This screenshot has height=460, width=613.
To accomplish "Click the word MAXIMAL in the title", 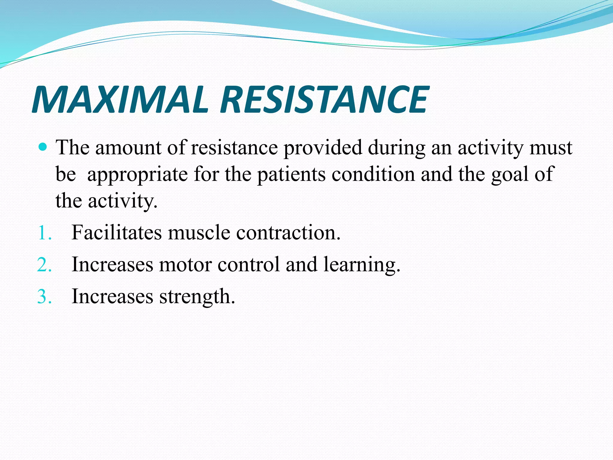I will [x=120, y=100].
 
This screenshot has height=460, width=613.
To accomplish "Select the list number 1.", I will [x=44, y=233].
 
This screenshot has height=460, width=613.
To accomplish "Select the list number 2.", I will [x=44, y=265].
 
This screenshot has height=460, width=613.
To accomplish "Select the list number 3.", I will [x=44, y=297].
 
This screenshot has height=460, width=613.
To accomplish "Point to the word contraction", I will [x=288, y=233].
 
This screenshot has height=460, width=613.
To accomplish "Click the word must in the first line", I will [x=551, y=148].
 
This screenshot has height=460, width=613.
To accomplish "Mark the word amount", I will [x=128, y=148].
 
